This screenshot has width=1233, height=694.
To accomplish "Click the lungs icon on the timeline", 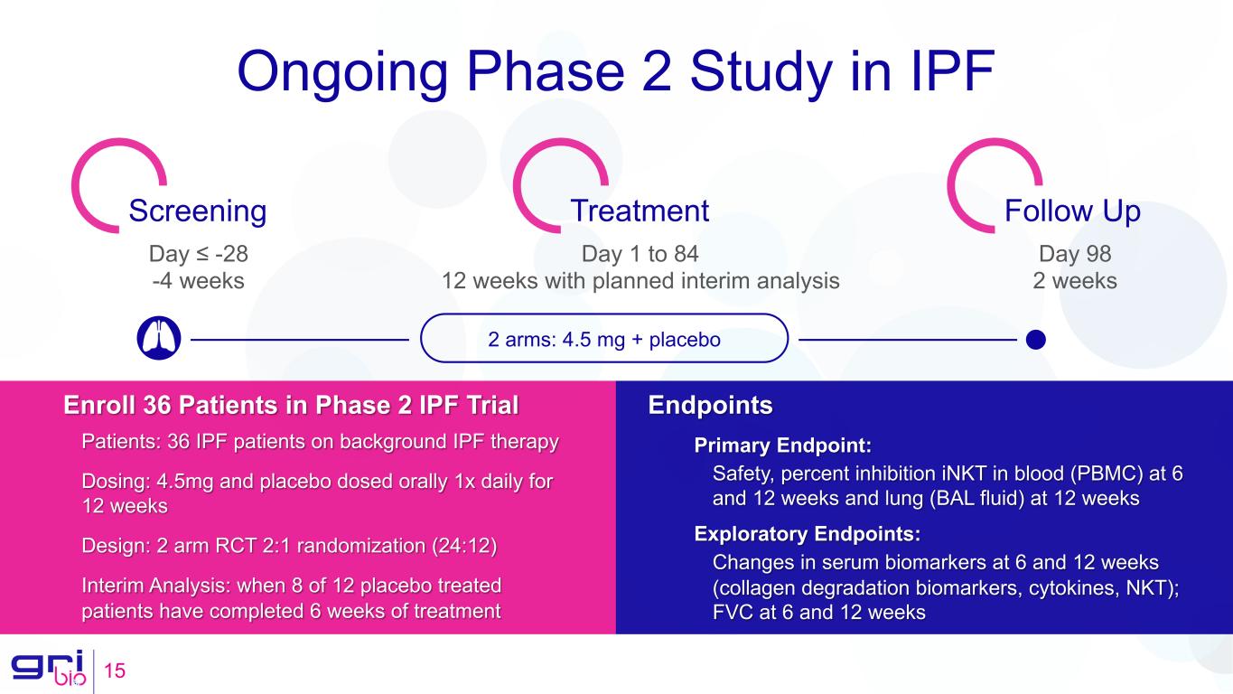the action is point(159,338).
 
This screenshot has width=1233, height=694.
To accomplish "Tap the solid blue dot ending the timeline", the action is point(1035,339).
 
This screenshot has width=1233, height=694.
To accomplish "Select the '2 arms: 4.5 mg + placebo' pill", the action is point(603,338).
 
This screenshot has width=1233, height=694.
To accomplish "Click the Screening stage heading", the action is point(198,211).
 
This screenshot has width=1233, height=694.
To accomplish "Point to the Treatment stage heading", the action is point(640,211).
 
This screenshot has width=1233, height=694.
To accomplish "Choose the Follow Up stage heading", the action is point(1072,211).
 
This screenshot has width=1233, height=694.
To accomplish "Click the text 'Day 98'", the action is point(1075,254).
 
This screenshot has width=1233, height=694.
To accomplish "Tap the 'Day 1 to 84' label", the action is point(640,254).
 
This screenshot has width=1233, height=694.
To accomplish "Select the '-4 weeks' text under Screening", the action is point(198,281).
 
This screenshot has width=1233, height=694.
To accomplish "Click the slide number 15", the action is point(115,671).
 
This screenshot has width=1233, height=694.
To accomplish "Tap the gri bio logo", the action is point(49,668).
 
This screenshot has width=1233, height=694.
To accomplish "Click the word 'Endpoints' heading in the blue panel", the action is point(710,405).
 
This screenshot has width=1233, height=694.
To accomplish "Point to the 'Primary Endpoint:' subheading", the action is point(783,445).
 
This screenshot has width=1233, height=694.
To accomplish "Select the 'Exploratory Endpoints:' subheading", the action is point(807,534).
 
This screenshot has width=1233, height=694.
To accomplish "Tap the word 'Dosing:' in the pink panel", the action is point(117,482).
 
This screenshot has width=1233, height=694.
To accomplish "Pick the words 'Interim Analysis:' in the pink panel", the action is point(155,586).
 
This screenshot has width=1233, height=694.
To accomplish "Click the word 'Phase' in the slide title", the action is point(546,71).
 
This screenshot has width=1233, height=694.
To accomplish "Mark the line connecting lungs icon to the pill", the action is point(300,340).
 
